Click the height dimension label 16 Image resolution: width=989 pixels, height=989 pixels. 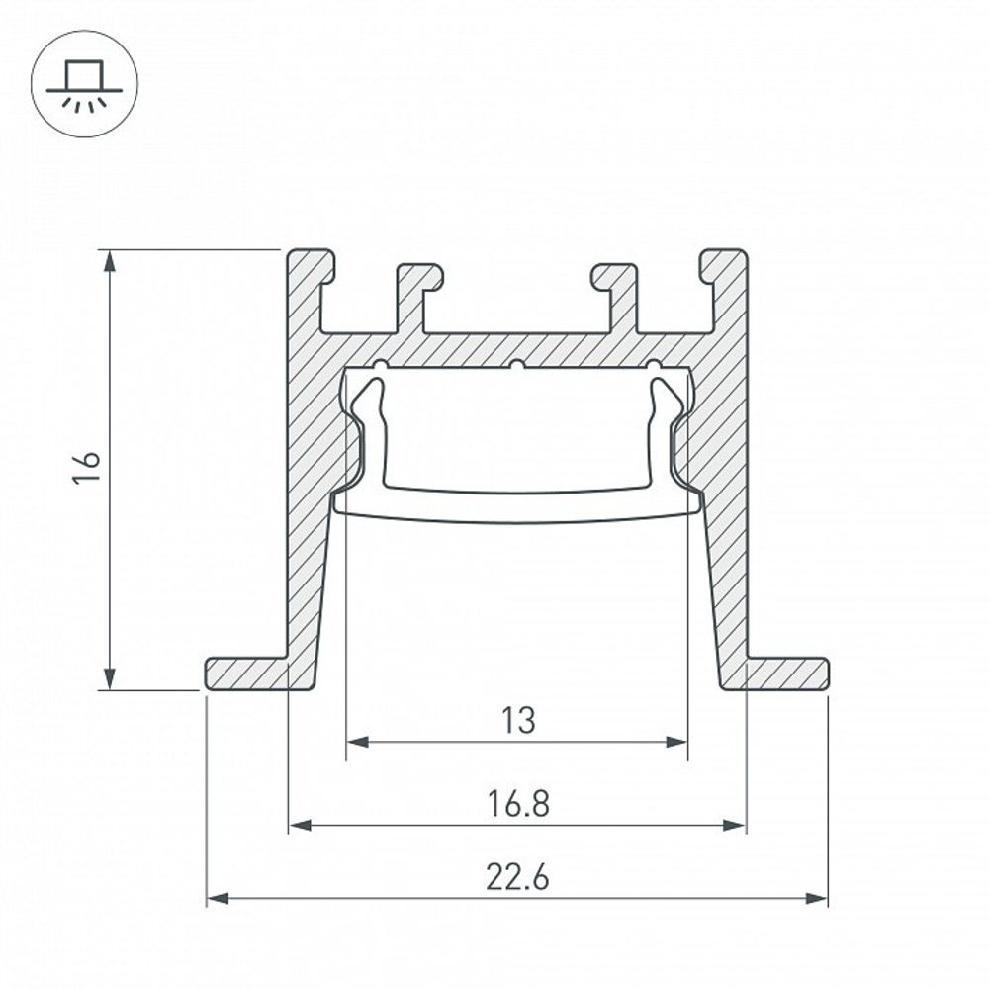(88, 468)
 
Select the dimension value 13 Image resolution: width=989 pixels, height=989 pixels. (516, 721)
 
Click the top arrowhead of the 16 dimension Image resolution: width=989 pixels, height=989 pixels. (111, 260)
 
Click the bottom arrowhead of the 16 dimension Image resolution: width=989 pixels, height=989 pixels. (111, 679)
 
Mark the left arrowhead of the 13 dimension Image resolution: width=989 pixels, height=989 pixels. (356, 742)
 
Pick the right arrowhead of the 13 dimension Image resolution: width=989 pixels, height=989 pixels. (677, 742)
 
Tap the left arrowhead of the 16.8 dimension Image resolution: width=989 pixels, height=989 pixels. (299, 825)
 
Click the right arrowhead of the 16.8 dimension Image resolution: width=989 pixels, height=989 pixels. (736, 825)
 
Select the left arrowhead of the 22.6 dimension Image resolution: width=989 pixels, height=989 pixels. (217, 899)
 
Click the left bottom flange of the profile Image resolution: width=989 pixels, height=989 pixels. (247, 674)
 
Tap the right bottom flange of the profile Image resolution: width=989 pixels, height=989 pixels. (786, 674)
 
